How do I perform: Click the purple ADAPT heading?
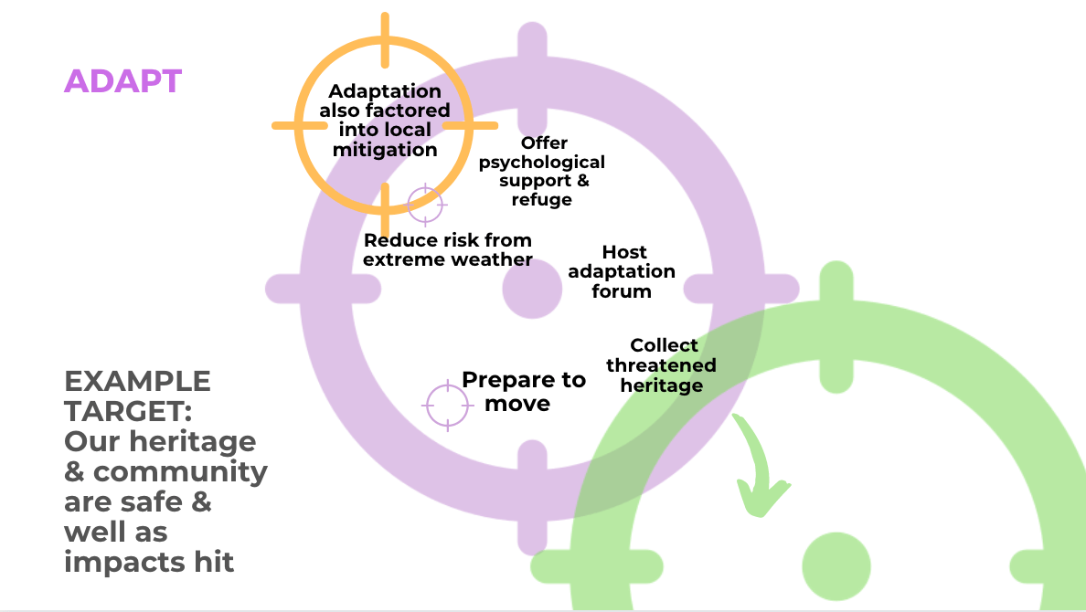pos(122,81)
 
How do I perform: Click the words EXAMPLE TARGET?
pos(137,396)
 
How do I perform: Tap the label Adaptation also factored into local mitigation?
pos(385,120)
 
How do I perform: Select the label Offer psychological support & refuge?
pos(542,171)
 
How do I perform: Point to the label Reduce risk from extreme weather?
pos(448,249)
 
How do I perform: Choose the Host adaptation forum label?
pos(623,271)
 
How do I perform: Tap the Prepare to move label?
pos(522,391)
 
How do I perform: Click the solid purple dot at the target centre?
pos(532,290)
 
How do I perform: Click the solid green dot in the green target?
pos(836,565)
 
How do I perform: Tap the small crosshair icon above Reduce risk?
pos(425,205)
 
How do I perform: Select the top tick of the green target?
pos(836,292)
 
